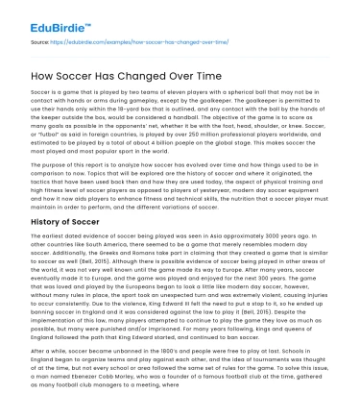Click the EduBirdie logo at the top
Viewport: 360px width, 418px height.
click(46, 13)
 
